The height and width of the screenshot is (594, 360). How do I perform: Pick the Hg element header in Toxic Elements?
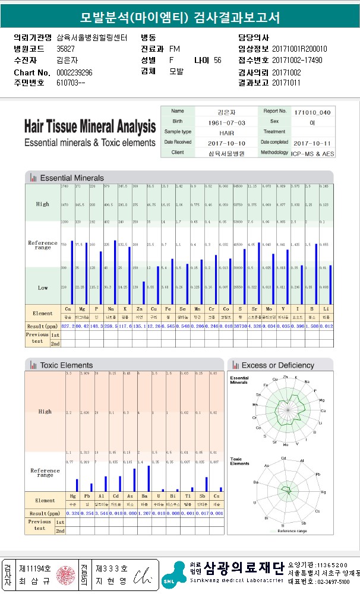(x=73, y=497)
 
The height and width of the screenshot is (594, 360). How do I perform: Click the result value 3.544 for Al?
(x=102, y=513)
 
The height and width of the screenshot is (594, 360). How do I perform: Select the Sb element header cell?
(x=202, y=497)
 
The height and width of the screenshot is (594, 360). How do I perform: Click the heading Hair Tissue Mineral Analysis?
(x=90, y=126)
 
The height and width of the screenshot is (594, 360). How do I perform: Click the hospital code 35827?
(x=65, y=49)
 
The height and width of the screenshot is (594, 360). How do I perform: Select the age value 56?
(x=217, y=60)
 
